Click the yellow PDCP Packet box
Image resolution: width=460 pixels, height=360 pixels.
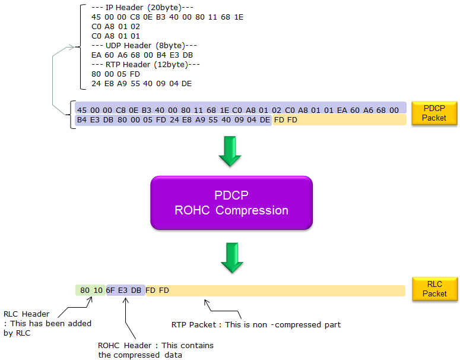[x=434, y=113]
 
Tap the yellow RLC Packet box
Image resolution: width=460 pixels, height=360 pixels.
[x=434, y=289]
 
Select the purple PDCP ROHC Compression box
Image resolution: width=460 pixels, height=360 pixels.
[x=231, y=203]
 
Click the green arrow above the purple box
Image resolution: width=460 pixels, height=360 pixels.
[x=230, y=151]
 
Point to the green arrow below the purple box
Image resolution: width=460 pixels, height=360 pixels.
[x=231, y=258]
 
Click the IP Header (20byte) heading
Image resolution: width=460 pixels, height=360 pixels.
[x=142, y=7]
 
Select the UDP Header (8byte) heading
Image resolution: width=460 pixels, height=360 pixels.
[x=144, y=46]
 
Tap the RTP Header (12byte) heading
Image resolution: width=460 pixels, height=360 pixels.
[x=145, y=65]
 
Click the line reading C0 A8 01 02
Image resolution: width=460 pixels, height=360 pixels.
[x=116, y=26]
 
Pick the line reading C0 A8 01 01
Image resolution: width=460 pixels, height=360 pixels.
[x=116, y=36]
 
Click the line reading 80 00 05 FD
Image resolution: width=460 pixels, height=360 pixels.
[x=116, y=74]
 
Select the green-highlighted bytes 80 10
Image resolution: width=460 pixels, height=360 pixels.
[x=91, y=290]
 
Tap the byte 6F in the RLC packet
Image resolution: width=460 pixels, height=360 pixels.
[x=110, y=290]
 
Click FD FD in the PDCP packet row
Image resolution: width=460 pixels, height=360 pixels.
[x=285, y=120]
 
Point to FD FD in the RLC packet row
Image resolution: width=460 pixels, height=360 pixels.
[x=157, y=290]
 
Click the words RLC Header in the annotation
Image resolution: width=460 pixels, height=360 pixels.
[x=26, y=314]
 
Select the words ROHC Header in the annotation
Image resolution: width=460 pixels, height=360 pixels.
[x=125, y=345]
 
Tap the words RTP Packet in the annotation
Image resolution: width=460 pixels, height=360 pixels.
[x=194, y=325]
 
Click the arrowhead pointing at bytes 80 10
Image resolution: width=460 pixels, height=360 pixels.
[x=90, y=299]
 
